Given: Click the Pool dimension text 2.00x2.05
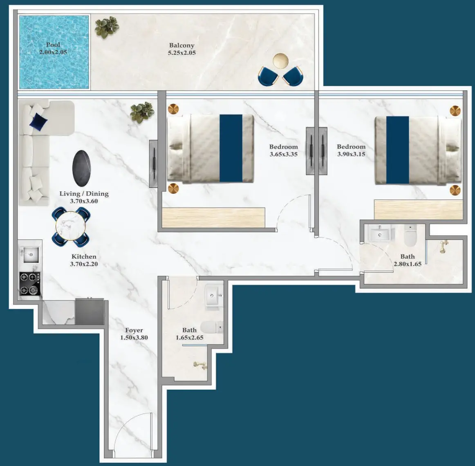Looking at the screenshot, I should point(53,52).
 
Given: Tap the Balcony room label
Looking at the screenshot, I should point(181,45).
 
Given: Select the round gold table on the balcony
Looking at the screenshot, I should point(280,61).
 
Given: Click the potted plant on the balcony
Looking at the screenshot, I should point(107,27).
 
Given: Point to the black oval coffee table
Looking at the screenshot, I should point(82,168).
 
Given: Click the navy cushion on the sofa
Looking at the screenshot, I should point(38,121).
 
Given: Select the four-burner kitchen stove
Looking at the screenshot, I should point(30,284).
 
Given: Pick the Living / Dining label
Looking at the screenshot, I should point(84,194).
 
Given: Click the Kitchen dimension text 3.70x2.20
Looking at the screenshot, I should point(84,264).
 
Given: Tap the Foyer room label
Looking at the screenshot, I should point(134,330).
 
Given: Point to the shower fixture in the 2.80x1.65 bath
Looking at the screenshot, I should point(443,246).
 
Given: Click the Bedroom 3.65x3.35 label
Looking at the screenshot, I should point(283,147).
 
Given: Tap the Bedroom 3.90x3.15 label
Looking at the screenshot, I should point(351,147).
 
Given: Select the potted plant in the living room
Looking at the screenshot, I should point(142,112).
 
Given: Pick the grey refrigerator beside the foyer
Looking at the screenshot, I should point(90,312).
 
